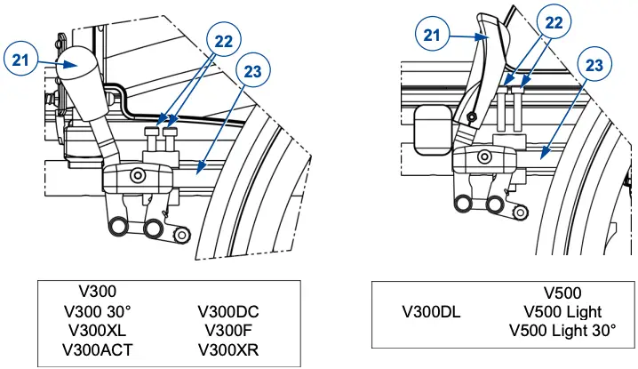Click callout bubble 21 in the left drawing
(22, 60)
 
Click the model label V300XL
(97, 330)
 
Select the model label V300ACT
(97, 348)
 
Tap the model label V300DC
(230, 312)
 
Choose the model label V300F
(230, 330)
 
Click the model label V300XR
(230, 348)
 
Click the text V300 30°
(97, 312)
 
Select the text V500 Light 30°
(562, 330)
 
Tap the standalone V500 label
(562, 293)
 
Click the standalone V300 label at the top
(97, 292)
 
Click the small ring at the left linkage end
(182, 234)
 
